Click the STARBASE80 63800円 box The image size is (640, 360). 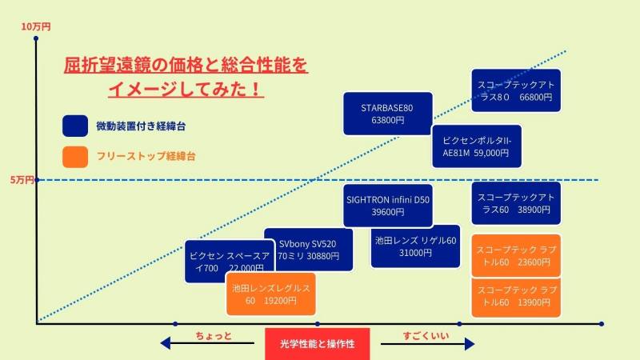pos(388,113)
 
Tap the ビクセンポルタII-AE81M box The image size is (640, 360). pos(476,146)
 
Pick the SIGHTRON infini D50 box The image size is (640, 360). pos(388,206)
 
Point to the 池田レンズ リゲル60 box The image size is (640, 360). pos(415,246)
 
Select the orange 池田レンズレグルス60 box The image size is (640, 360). pos(270,294)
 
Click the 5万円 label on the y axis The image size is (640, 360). pos(22,180)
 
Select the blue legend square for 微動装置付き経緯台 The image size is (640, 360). pos(74,126)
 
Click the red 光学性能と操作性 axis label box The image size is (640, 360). pos(318,343)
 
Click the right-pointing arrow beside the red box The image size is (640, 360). pos(469,344)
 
